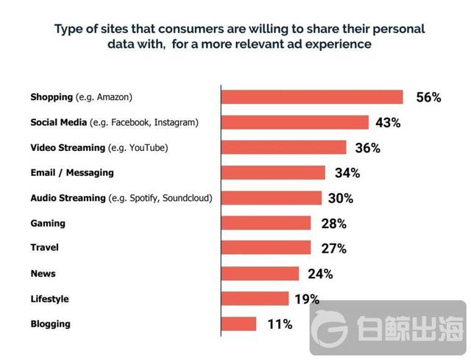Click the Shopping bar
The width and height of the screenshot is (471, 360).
coord(312,97)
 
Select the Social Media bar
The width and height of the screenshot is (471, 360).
coord(295,122)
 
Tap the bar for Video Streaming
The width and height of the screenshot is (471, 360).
coord(284,147)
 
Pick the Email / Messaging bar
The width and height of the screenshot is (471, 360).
coord(273,173)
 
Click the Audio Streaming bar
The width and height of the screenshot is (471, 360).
coord(272,198)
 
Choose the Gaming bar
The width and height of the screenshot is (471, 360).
coord(266,223)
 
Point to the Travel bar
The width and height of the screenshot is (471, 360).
coord(266,248)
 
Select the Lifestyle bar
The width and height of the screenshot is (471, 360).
coord(255,299)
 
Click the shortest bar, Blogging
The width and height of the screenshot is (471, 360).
coord(239,324)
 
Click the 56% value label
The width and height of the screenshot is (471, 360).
coord(428,98)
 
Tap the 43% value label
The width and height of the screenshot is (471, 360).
coord(388,123)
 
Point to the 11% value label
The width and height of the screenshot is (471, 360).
coord(279,324)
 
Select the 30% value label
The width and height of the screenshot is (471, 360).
coord(341,199)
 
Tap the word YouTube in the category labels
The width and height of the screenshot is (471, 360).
coord(148,147)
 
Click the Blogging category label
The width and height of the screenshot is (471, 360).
coord(51,324)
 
